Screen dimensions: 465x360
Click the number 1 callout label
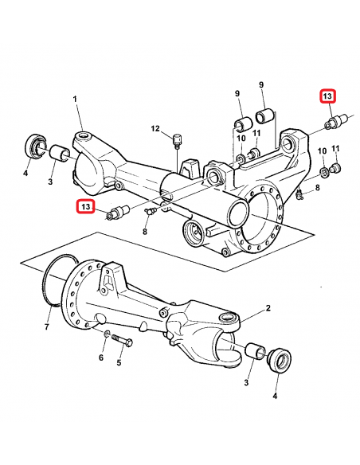pos(76,99)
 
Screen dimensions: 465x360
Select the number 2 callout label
pos(268,308)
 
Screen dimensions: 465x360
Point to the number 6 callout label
pos(101,358)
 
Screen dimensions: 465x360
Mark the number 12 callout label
pos(156,128)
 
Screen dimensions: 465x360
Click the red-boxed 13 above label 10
pos(327,96)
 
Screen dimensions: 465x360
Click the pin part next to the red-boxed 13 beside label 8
pos(118,212)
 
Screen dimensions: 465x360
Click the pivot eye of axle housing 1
pos(85,142)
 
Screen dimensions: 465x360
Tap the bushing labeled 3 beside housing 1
pos(59,152)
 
